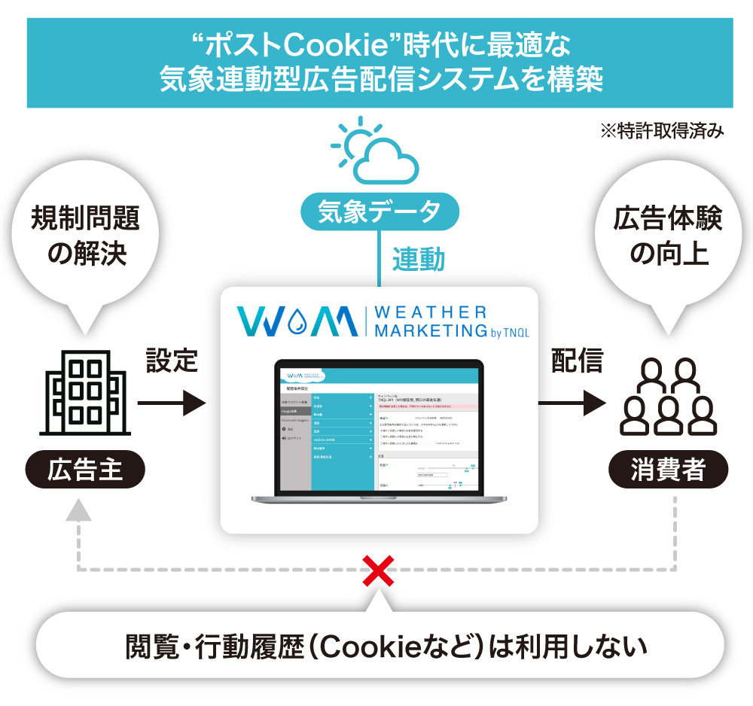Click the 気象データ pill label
coord(379,212)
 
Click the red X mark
coord(379,571)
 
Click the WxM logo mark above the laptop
coord(297,321)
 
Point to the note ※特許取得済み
coord(661,131)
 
